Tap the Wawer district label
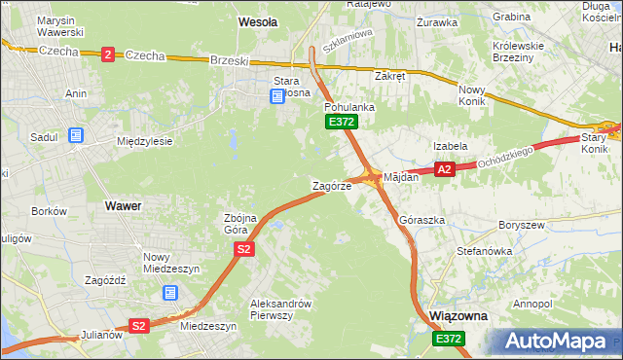[123, 206]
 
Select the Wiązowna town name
[458, 317]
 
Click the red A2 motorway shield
[444, 169]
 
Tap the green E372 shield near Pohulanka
[342, 122]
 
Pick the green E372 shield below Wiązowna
[449, 338]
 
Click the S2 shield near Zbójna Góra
[244, 250]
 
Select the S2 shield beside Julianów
[139, 326]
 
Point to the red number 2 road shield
[106, 55]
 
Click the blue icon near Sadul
[76, 136]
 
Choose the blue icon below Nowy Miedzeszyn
[170, 291]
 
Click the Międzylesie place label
[144, 141]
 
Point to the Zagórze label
[331, 186]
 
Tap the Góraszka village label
[422, 221]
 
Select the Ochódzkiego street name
[506, 156]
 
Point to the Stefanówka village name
[485, 251]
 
